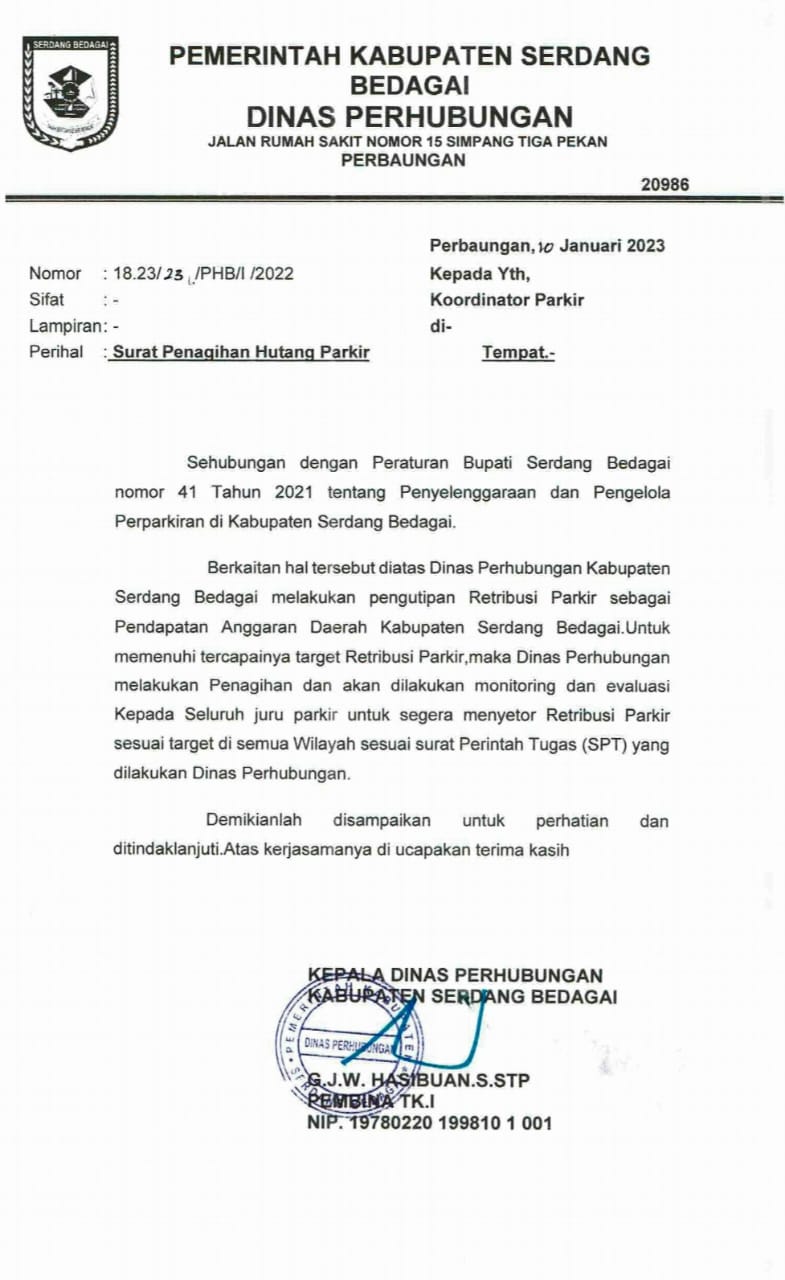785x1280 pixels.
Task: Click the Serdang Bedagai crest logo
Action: pyautogui.click(x=70, y=93)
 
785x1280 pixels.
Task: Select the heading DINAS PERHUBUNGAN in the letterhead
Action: pyautogui.click(x=409, y=116)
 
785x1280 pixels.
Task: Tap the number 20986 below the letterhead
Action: pyautogui.click(x=664, y=184)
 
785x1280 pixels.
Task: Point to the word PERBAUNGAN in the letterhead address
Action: pyautogui.click(x=403, y=160)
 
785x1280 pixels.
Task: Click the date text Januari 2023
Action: pyautogui.click(x=612, y=246)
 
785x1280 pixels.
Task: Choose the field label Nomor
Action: pyautogui.click(x=55, y=273)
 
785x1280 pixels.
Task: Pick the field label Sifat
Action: pyautogui.click(x=47, y=299)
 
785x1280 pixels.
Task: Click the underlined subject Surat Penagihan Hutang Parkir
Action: pyautogui.click(x=240, y=352)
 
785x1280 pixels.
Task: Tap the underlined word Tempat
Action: pyautogui.click(x=517, y=352)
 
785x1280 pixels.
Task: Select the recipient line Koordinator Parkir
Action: pyautogui.click(x=507, y=299)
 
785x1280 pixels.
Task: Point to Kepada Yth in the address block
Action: pyautogui.click(x=480, y=273)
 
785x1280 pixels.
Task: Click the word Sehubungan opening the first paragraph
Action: pyautogui.click(x=236, y=462)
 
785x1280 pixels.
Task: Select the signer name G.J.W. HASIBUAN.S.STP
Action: pyautogui.click(x=419, y=1081)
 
